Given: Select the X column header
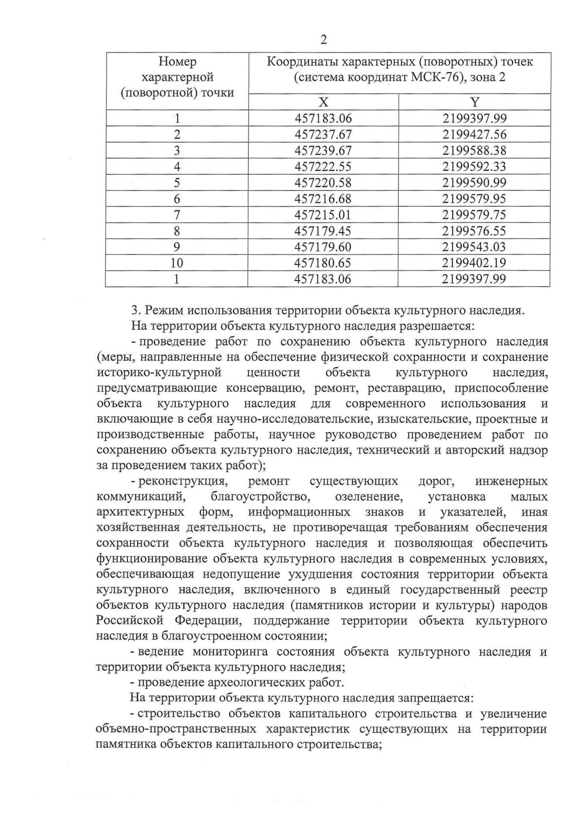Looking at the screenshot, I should (323, 102).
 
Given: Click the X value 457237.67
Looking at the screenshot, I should (323, 135).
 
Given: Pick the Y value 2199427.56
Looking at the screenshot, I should (474, 135).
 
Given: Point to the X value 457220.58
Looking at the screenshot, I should (323, 183).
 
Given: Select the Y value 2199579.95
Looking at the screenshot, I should (474, 199).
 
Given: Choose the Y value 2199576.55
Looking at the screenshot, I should (474, 231).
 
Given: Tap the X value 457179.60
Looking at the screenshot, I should (323, 247).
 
